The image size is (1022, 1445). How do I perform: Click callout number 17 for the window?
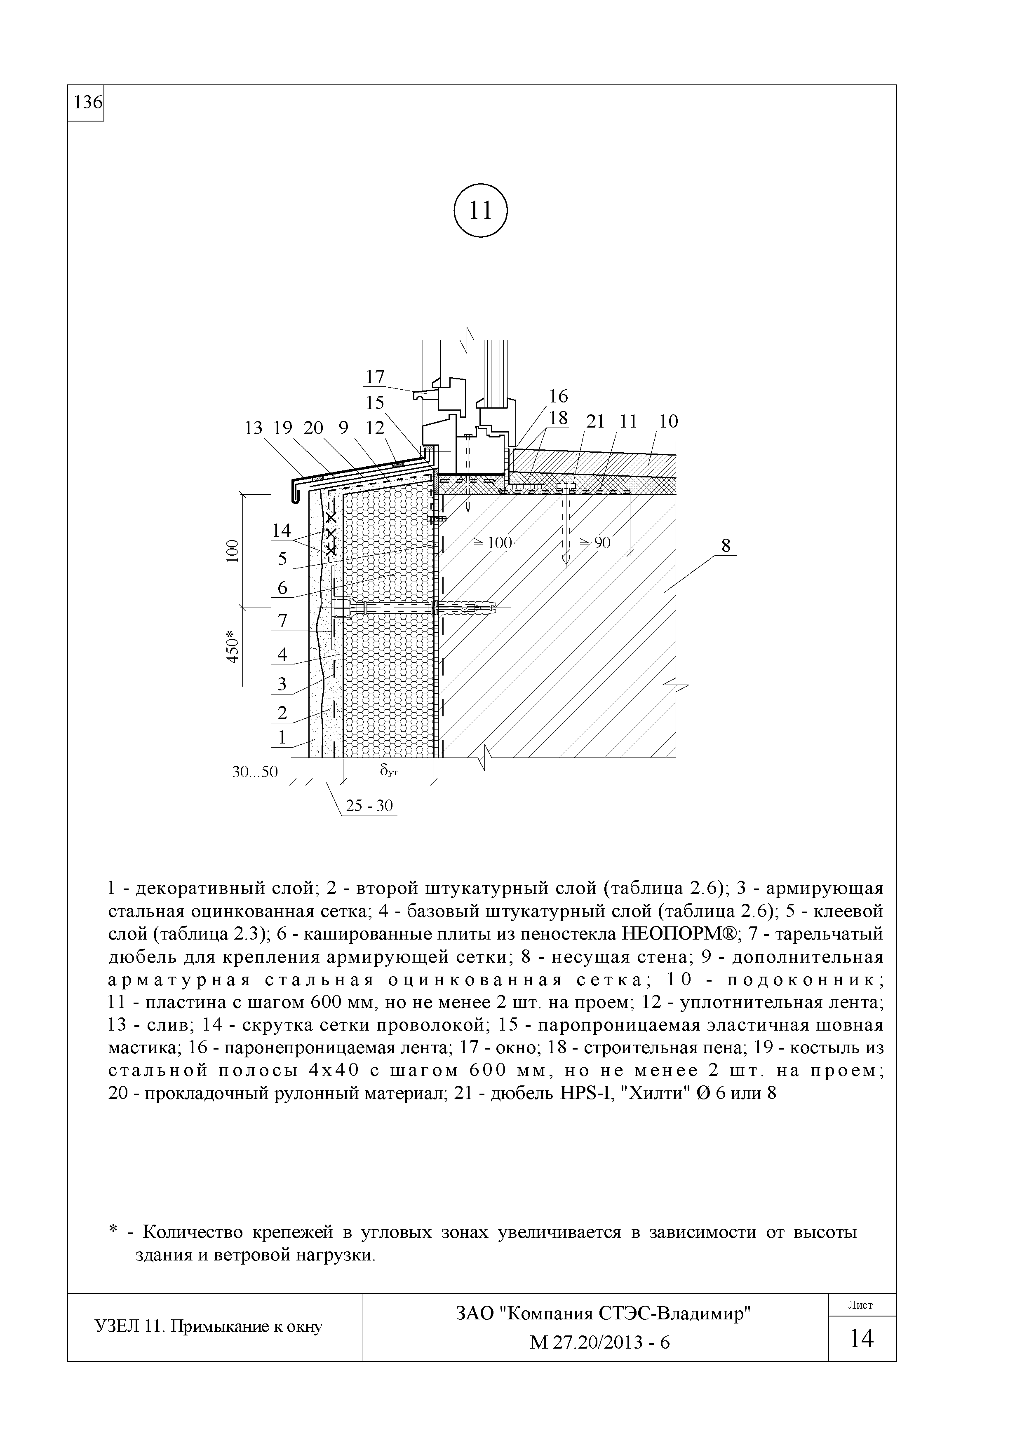(x=375, y=377)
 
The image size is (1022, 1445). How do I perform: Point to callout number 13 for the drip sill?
(x=253, y=428)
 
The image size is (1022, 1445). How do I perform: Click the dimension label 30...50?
(x=254, y=772)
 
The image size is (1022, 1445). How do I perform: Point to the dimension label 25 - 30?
(x=370, y=806)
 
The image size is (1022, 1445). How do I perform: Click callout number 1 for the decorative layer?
(x=282, y=737)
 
